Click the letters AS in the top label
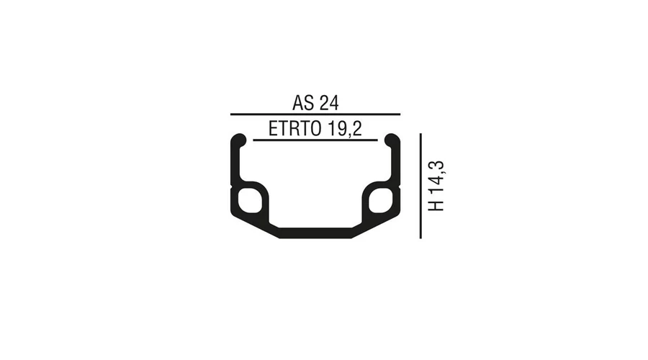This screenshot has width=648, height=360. coord(303,103)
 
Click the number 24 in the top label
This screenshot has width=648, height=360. coord(329,103)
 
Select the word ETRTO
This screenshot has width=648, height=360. coord(295,129)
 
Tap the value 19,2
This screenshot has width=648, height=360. coord(345,129)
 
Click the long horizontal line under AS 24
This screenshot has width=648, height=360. coord(315,114)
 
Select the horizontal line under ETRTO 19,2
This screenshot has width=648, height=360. coord(315,140)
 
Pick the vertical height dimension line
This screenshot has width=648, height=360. coord(420,186)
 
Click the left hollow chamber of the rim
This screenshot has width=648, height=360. coord(250,201)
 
